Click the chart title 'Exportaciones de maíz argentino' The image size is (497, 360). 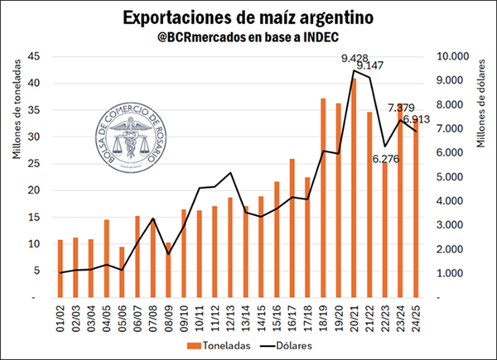(x=247, y=17)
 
